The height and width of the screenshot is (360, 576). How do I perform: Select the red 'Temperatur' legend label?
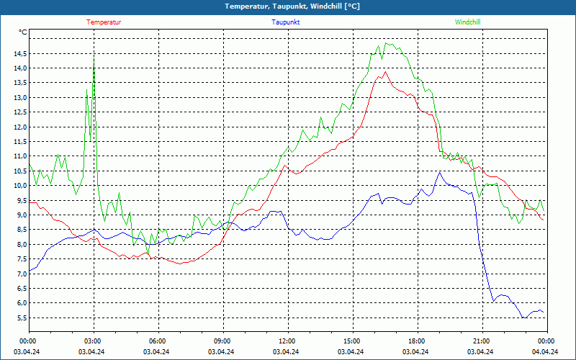point(104,22)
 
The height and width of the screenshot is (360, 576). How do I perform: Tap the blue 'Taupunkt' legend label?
point(286,22)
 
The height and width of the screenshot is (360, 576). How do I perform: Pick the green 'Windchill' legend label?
point(468,22)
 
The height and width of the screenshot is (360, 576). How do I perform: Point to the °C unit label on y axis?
point(23,32)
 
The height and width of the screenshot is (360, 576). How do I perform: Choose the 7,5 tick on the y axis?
point(20,259)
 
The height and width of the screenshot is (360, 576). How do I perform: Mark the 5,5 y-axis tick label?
point(20,318)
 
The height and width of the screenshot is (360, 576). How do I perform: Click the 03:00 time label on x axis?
point(93,341)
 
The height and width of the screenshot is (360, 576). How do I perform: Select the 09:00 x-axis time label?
point(222,341)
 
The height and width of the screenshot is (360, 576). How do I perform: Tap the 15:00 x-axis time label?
point(352,341)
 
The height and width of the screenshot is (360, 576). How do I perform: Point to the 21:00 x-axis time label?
point(482,341)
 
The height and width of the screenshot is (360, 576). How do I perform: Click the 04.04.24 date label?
point(545,352)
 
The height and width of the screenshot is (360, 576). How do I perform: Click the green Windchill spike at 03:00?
point(94,59)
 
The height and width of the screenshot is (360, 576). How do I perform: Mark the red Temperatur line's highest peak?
point(386,71)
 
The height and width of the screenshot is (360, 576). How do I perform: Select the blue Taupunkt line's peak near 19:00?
point(438,173)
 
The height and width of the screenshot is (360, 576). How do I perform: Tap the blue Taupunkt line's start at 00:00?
point(30,271)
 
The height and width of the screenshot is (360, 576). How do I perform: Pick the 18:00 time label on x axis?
point(417,341)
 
